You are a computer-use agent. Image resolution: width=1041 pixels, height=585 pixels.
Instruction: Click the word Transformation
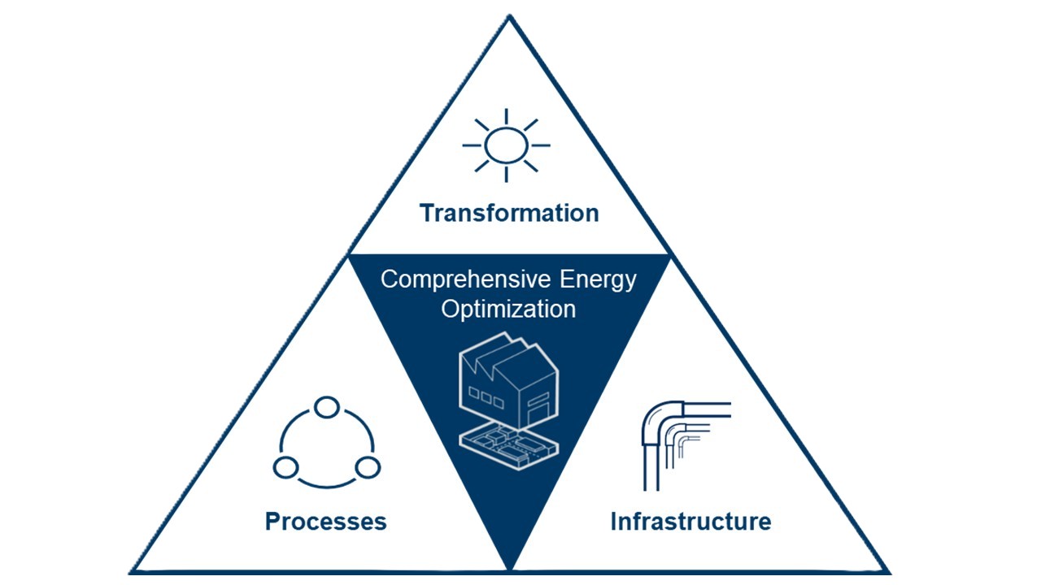(x=509, y=213)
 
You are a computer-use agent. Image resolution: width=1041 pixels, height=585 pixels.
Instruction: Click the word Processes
(x=325, y=521)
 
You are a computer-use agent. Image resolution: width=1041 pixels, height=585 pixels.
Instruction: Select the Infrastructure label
(x=690, y=521)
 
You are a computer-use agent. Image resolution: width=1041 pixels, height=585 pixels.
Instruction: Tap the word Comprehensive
(x=466, y=280)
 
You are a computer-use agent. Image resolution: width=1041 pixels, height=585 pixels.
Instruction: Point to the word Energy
(x=598, y=280)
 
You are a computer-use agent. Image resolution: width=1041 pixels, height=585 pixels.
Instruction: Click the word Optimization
(x=508, y=310)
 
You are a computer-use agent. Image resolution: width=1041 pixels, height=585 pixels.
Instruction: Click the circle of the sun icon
(x=506, y=145)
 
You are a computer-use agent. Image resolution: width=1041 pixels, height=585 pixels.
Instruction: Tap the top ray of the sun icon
(x=506, y=116)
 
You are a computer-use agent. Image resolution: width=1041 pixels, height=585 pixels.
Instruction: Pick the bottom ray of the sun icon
(x=506, y=174)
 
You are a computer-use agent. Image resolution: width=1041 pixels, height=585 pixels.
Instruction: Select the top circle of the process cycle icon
(x=327, y=407)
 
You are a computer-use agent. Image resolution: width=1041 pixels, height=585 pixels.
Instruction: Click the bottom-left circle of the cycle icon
(x=285, y=467)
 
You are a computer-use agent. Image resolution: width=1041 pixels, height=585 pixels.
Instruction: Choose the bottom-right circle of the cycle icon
(x=368, y=467)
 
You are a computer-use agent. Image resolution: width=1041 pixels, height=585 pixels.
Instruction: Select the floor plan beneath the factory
(x=508, y=446)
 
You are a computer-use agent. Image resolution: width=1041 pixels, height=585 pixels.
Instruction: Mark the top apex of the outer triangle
(x=509, y=15)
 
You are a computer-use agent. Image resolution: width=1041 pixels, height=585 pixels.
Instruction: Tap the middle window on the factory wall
(x=486, y=397)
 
